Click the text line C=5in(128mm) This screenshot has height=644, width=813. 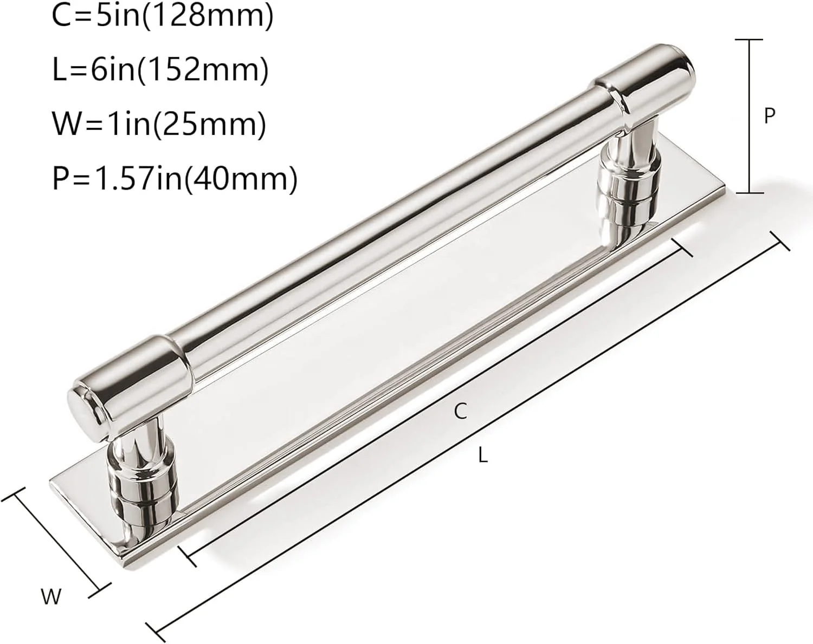pos(163,16)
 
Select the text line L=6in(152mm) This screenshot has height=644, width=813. pos(160,70)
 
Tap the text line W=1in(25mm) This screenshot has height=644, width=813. pos(159,124)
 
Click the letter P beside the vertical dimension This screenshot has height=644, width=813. pos(769,116)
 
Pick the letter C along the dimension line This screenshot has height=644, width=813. pos(460,412)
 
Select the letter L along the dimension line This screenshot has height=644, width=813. pos(483,456)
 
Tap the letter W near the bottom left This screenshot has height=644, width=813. pos(51,597)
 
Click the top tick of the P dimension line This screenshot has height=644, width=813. pos(749,40)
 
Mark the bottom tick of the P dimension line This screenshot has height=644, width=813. pos(749,192)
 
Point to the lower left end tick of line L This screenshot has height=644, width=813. pos(156,630)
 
